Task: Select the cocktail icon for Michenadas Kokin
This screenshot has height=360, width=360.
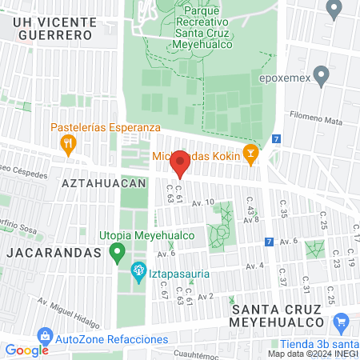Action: coord(250,153)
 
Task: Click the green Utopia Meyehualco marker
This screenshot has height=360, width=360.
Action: coord(118,254)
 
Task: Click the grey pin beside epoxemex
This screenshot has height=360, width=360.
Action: coord(322,77)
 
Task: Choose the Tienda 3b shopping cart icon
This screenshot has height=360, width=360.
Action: coord(342,323)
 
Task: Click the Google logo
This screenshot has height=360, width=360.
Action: coord(26,350)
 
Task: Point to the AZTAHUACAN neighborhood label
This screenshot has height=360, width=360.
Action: coord(103,182)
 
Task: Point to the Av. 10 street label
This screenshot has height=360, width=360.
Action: coord(203,202)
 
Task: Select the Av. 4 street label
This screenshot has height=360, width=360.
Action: coord(254,266)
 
